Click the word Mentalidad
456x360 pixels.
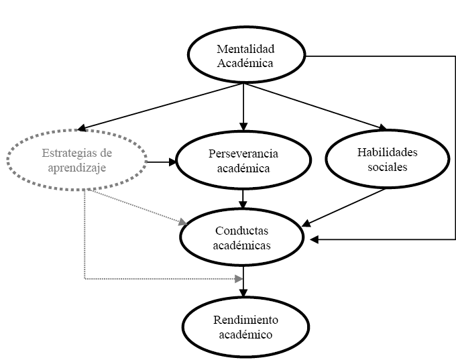point(246,49)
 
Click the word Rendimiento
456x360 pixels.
point(246,319)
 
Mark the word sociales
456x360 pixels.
point(387,167)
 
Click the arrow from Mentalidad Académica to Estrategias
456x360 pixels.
point(161,106)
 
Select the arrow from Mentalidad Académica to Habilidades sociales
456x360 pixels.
point(315,106)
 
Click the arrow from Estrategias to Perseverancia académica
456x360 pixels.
point(161,162)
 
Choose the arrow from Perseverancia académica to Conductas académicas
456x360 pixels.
point(244,198)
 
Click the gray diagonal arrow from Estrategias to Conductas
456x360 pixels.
point(137,206)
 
